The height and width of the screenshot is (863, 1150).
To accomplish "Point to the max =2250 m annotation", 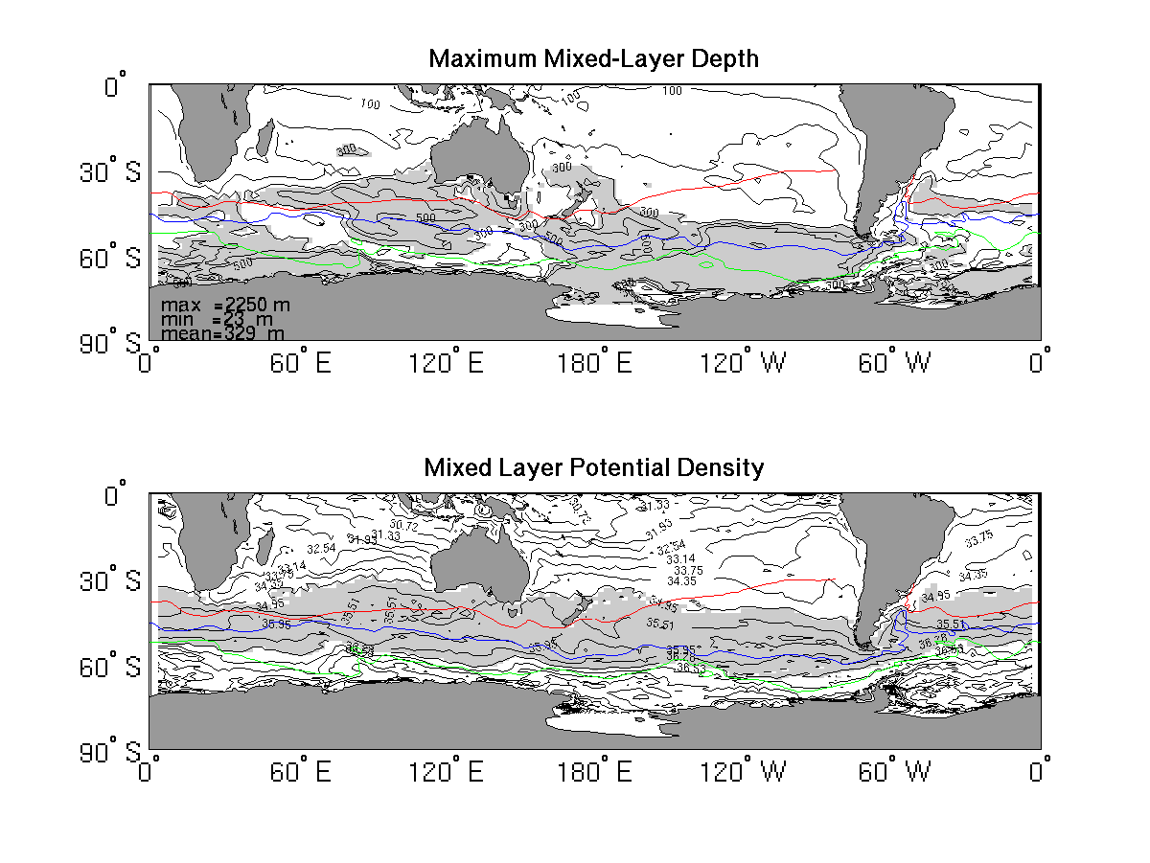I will pos(225,305).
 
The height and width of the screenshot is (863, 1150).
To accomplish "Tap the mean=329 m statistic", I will pos(223,333).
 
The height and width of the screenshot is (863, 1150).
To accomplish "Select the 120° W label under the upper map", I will pos(744,364).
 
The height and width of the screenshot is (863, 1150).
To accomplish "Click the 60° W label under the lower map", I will pos(892,772).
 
